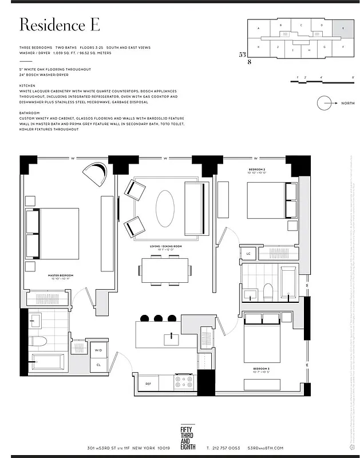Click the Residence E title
click(60, 25)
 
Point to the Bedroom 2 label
click(257, 170)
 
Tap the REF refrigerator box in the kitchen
click(148, 384)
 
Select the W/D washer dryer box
click(98, 350)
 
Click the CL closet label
click(98, 365)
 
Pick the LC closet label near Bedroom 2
click(248, 253)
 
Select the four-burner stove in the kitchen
click(184, 382)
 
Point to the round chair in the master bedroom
click(94, 173)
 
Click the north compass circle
click(324, 103)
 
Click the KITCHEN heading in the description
click(27, 85)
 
